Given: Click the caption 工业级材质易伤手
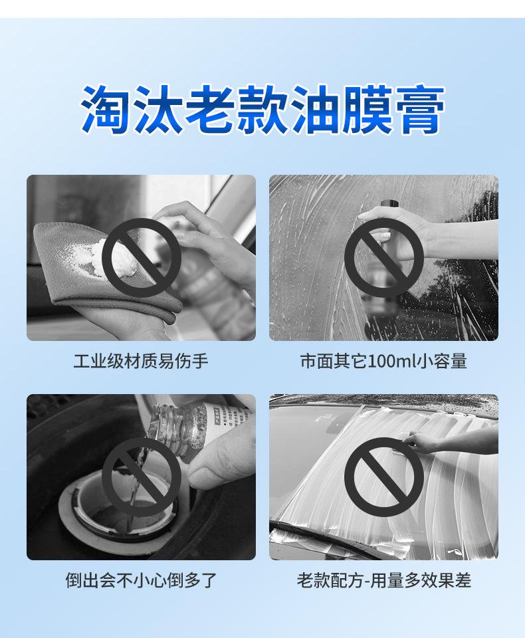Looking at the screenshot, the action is click(x=141, y=361).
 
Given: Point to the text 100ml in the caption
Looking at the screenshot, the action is click(x=391, y=361).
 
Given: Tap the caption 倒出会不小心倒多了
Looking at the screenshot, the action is click(x=141, y=580).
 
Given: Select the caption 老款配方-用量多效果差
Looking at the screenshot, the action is click(x=383, y=580).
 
